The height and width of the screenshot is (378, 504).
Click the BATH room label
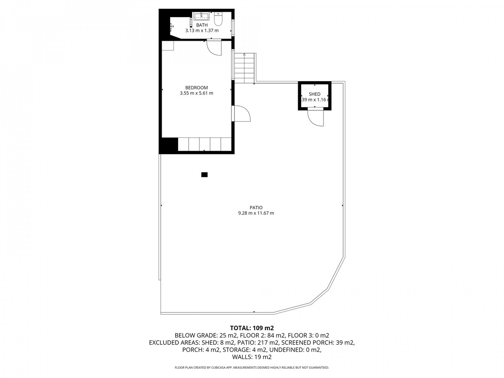click(202, 25)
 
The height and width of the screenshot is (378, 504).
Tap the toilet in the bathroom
click(218, 18)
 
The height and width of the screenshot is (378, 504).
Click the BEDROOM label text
click(196, 88)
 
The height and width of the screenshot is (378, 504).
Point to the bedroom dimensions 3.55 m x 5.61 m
click(196, 93)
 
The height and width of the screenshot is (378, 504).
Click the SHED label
click(315, 94)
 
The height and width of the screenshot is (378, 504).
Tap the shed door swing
click(316, 117)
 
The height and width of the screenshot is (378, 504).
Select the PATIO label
click(256, 207)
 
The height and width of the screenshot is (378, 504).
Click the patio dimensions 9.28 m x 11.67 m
click(256, 213)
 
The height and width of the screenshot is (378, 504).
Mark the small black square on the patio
click(205, 175)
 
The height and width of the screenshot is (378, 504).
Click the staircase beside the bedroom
click(244, 68)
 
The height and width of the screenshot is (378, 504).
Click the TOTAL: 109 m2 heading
click(252, 328)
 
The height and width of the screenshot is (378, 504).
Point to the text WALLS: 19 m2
click(252, 357)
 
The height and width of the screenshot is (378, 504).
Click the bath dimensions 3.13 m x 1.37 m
click(202, 31)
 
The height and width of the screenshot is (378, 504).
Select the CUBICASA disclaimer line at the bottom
click(252, 367)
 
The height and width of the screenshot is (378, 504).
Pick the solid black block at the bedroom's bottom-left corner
click(168, 145)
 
